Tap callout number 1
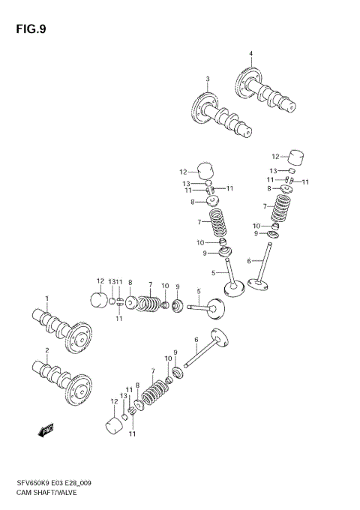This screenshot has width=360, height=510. coord(46,298)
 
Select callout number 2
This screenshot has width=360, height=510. coord(46,350)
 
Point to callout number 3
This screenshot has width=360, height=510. coord(208,79)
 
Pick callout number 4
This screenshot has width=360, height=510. coord(251,53)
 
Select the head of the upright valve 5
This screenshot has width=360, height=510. coord(235,288)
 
